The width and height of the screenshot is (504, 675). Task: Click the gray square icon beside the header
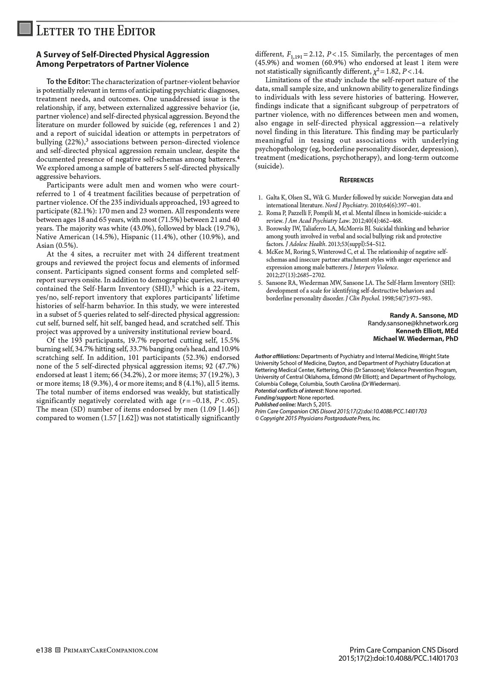click(25, 28)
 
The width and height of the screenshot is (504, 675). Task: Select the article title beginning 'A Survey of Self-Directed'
click(123, 59)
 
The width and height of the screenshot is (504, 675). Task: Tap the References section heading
click(356, 180)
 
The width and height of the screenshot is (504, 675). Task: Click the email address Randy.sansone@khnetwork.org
click(413, 323)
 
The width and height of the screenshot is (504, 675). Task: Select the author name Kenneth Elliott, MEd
click(427, 331)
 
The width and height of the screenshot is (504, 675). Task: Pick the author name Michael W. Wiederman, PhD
click(415, 339)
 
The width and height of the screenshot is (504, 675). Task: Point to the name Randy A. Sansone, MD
click(424, 316)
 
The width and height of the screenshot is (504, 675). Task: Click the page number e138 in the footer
click(44, 650)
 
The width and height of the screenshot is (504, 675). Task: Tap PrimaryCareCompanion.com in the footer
click(110, 650)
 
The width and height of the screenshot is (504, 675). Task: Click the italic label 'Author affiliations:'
click(277, 356)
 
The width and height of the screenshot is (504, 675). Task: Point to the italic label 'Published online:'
click(275, 405)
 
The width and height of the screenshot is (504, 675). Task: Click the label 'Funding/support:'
click(276, 398)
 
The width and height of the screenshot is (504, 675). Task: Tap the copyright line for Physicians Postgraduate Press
click(317, 419)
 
